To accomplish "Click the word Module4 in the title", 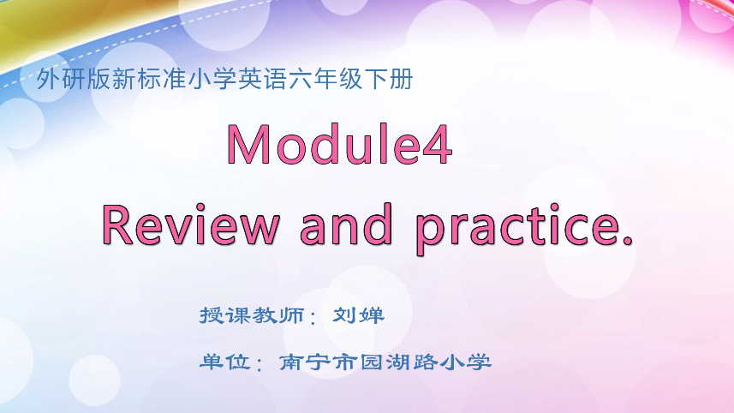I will (339, 144).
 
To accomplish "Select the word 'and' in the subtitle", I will (346, 225).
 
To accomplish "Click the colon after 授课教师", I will (313, 319).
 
